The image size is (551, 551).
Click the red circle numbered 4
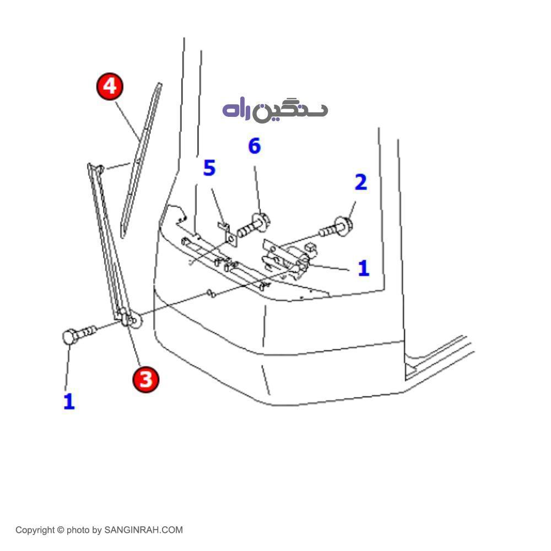tap(110, 87)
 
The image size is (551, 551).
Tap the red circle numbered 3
tap(145, 379)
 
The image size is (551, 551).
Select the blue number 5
tap(209, 169)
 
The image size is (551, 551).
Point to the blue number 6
tap(254, 147)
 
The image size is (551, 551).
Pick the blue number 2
tap(360, 182)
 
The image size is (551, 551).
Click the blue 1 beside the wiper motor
tap(363, 268)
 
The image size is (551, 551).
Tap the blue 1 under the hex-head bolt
tap(68, 402)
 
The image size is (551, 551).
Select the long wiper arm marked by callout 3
tap(107, 237)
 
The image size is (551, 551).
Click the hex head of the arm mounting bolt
tap(69, 336)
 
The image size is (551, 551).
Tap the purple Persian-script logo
tap(275, 110)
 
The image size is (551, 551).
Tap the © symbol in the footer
tap(61, 530)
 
